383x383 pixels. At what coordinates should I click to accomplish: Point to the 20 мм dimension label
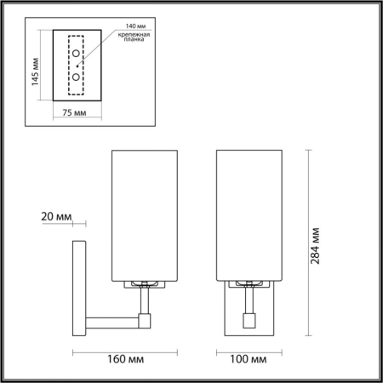click(x=56, y=216)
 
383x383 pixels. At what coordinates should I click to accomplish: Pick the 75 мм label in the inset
click(x=76, y=111)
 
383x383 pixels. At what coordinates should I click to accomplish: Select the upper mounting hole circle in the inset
click(x=77, y=55)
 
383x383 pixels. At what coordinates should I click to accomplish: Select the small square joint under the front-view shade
click(x=249, y=321)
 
